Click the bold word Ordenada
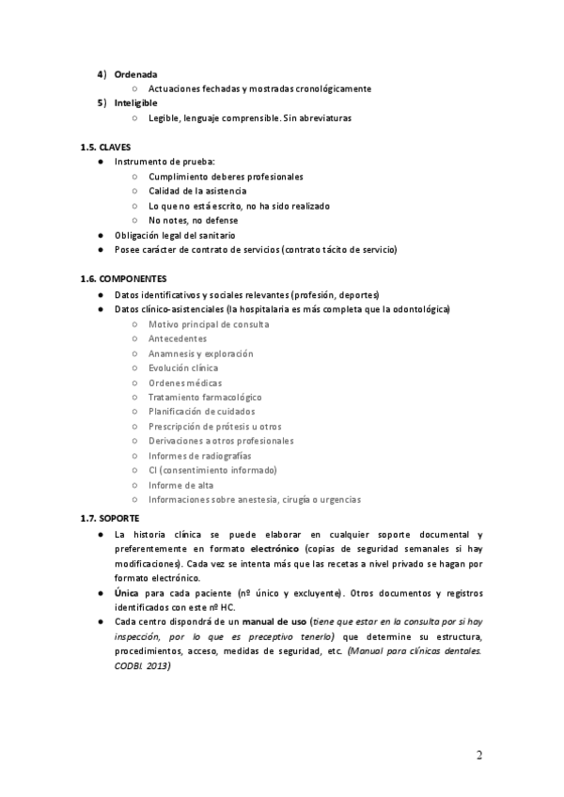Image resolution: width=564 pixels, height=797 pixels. click(x=135, y=73)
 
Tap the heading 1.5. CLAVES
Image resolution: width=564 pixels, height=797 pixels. click(x=106, y=147)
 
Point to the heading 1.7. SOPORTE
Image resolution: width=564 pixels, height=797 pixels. click(x=110, y=518)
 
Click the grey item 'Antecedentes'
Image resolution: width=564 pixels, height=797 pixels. click(x=178, y=338)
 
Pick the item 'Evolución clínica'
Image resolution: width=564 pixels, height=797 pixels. click(x=183, y=367)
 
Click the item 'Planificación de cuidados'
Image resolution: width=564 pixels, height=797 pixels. click(x=201, y=412)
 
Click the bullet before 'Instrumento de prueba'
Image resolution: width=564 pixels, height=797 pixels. click(x=101, y=162)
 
